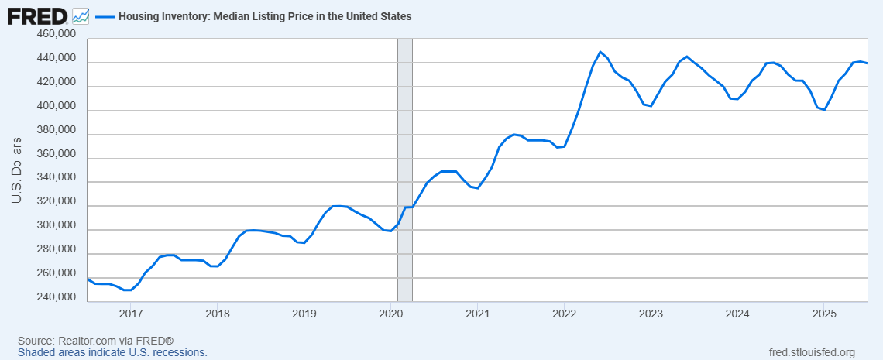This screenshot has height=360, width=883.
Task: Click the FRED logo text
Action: tap(36, 15)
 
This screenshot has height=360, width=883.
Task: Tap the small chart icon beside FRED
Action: tap(80, 15)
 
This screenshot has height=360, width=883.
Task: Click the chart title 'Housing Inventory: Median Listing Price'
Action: tap(264, 15)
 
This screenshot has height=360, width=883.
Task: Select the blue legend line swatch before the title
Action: tap(104, 15)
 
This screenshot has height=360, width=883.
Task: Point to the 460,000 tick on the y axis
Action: tap(56, 34)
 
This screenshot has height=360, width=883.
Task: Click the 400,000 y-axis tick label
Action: tap(56, 106)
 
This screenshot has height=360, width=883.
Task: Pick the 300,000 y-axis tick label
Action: tap(56, 226)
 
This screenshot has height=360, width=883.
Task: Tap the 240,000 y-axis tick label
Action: tap(56, 298)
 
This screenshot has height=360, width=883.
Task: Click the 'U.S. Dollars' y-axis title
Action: tap(15, 171)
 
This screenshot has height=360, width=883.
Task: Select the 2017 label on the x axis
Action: tap(131, 314)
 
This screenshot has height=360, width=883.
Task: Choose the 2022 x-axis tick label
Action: tap(564, 314)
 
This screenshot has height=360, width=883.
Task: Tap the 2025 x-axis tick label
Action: tap(823, 314)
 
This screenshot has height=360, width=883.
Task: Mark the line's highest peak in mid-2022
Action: tap(600, 52)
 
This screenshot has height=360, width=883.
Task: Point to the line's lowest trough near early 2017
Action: tap(127, 290)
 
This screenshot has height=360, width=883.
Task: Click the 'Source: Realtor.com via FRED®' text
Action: tap(95, 341)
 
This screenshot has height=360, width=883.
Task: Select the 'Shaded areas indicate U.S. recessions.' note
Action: tap(112, 352)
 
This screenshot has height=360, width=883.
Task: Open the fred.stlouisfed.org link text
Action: tap(809, 352)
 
